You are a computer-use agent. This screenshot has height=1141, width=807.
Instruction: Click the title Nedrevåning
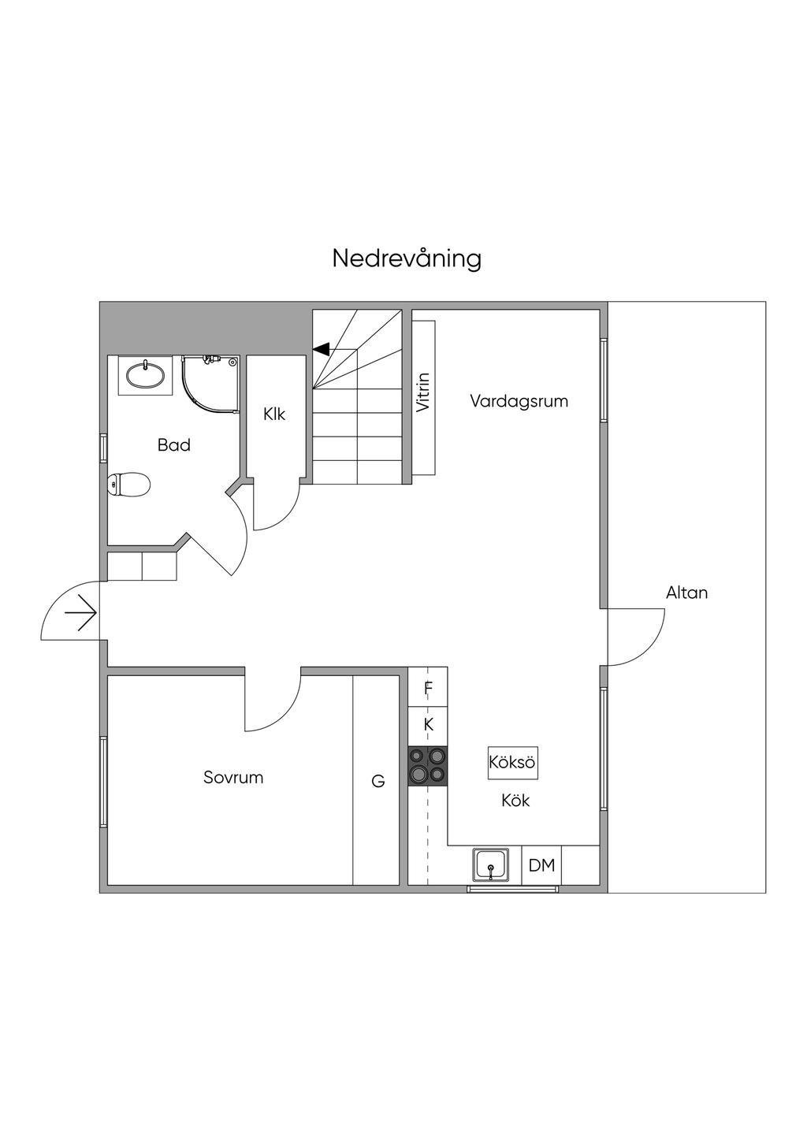(x=406, y=258)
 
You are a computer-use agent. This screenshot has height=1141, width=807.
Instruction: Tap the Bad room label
(x=174, y=445)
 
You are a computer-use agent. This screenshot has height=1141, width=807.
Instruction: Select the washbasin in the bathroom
(x=146, y=374)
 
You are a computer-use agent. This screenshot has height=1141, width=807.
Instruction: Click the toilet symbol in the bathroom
(x=129, y=485)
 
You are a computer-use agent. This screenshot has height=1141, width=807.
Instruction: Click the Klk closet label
(x=274, y=414)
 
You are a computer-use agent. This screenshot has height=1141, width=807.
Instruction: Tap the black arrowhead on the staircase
(x=321, y=348)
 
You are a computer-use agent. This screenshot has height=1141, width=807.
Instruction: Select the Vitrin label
(x=424, y=392)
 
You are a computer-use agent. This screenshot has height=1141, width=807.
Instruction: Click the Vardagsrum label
(x=519, y=401)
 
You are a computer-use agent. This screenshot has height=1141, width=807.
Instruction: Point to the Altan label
(x=686, y=593)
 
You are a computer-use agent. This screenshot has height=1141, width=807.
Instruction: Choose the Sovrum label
(x=233, y=778)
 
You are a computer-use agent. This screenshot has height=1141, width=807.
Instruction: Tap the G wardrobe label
(x=378, y=782)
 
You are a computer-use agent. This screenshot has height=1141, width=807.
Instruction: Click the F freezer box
(x=428, y=689)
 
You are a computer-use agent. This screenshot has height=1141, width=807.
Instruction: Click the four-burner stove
(x=428, y=766)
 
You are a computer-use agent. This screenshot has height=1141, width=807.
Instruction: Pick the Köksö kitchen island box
(x=512, y=763)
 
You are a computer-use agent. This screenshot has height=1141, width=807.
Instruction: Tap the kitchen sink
(x=491, y=865)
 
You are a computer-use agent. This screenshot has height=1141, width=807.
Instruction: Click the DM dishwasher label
(x=541, y=865)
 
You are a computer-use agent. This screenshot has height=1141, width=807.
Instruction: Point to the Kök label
(x=515, y=801)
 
